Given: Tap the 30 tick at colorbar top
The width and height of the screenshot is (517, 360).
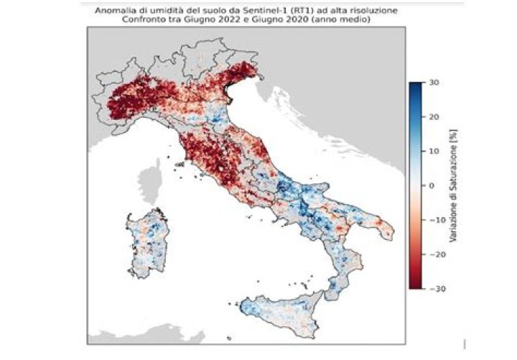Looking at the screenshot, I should point(433,83).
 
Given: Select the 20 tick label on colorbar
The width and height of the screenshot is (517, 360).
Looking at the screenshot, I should point(433,117).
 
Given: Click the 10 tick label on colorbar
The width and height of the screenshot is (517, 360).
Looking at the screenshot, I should point(433,151).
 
